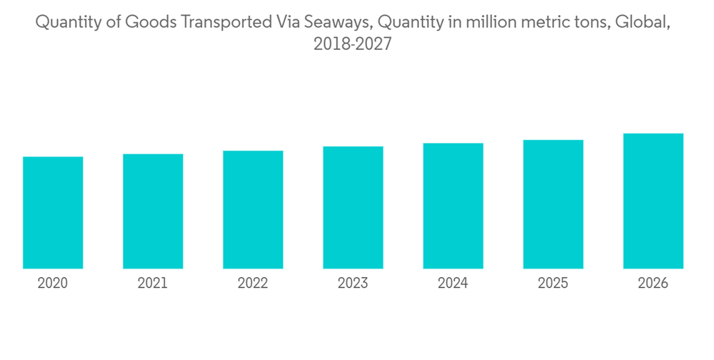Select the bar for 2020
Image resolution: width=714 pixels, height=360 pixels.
tap(53, 213)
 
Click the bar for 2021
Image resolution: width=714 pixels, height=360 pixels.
tap(153, 211)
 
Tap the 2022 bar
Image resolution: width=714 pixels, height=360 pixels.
tap(253, 210)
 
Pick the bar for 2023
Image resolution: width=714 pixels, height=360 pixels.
tap(353, 208)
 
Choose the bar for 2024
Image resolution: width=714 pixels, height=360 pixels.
tap(453, 206)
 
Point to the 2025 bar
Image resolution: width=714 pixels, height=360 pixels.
tap(553, 204)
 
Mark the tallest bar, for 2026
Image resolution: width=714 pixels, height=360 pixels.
tap(653, 201)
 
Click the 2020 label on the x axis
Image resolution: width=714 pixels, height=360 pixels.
tap(53, 284)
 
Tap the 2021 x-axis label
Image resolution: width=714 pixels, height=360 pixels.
tap(153, 284)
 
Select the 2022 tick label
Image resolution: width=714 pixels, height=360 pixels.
tap(253, 284)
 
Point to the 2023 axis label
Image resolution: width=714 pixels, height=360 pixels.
tap(353, 284)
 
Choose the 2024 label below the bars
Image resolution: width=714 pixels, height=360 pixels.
tap(453, 284)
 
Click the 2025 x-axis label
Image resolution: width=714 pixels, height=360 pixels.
tap(553, 284)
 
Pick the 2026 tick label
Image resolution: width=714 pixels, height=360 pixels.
tap(653, 284)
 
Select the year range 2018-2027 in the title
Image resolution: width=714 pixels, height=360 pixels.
tap(353, 45)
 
